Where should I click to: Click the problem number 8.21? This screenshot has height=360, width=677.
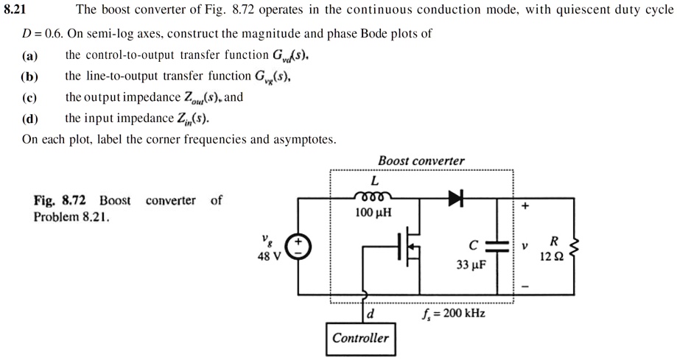(16, 11)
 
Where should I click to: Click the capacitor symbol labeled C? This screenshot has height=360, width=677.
(498, 247)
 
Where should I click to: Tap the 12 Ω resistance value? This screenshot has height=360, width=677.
(552, 257)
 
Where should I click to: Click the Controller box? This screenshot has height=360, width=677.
(360, 339)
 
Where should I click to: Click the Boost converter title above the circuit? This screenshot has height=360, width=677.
(421, 161)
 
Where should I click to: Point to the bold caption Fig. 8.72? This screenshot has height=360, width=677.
(60, 201)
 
